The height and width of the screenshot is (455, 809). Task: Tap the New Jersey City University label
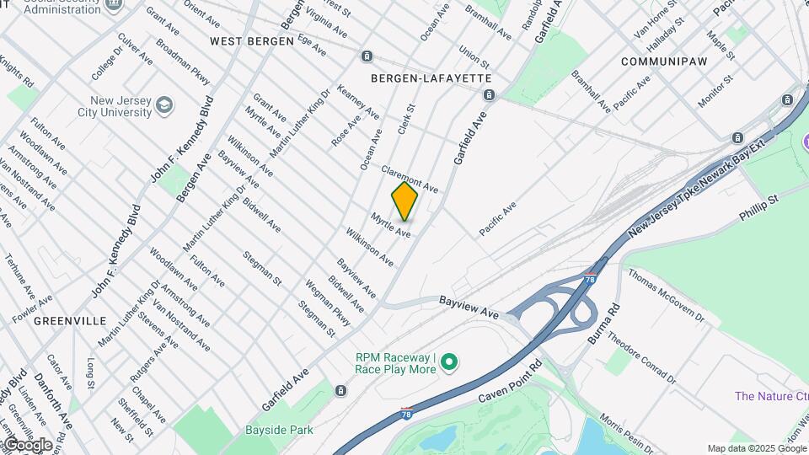(102, 106)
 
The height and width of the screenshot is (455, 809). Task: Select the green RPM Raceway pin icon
(449, 363)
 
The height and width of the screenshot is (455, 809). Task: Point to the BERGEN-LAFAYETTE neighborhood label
(431, 78)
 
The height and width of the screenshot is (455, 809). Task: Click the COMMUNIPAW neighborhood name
(662, 62)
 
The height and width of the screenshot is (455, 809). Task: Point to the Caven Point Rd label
(511, 384)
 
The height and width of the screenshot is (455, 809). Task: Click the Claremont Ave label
(410, 177)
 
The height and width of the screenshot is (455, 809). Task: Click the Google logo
(28, 445)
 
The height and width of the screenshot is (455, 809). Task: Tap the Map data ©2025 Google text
(756, 448)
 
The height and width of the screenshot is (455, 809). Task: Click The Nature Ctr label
(770, 396)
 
